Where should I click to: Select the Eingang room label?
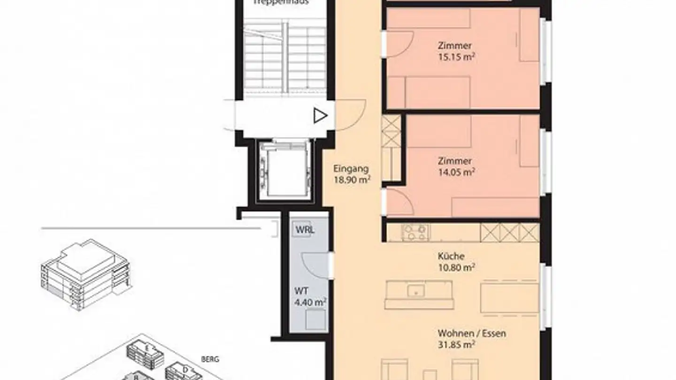pyautogui.click(x=351, y=168)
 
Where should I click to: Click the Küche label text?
pyautogui.click(x=451, y=257)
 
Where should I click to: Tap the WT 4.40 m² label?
pyautogui.click(x=310, y=297)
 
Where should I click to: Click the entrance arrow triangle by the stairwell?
pyautogui.click(x=321, y=115)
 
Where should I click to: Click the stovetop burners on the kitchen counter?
pyautogui.click(x=416, y=232)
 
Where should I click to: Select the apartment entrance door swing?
pyautogui.click(x=350, y=115)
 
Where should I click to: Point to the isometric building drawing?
pyautogui.click(x=85, y=275)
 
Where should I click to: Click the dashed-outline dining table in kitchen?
pyautogui.click(x=509, y=297)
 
